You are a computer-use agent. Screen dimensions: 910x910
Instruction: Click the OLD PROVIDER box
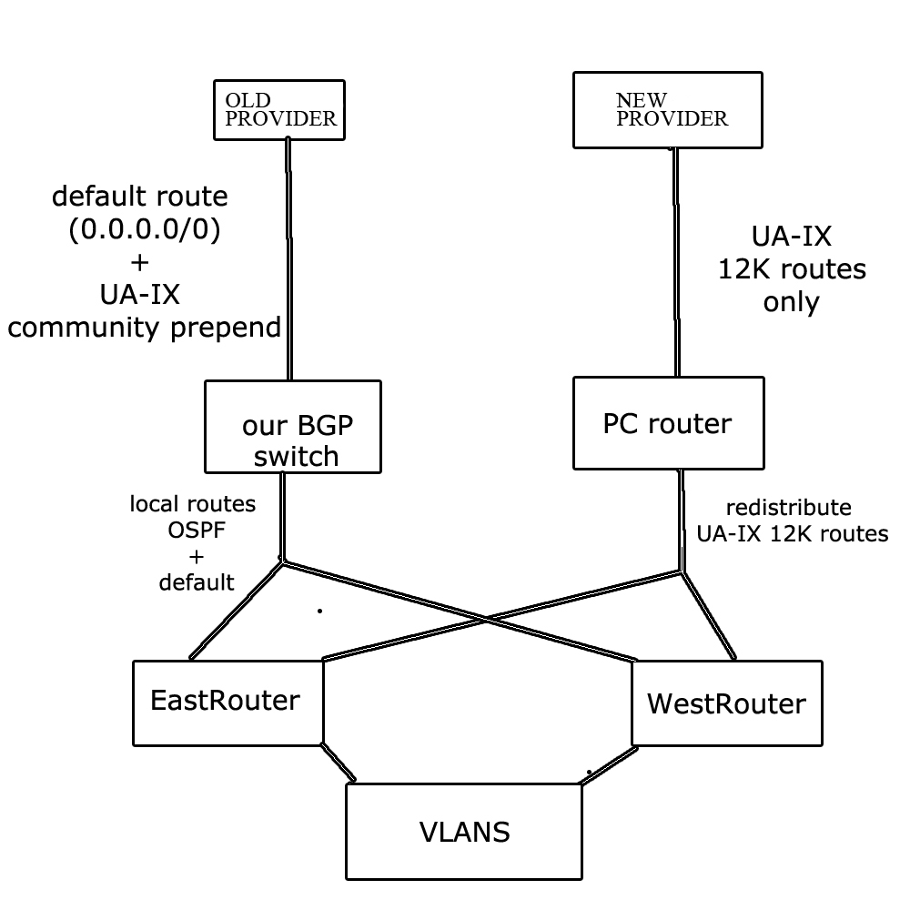pyautogui.click(x=280, y=109)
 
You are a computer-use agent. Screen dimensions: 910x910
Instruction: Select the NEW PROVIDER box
pyautogui.click(x=668, y=109)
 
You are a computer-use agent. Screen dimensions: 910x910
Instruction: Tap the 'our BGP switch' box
pyautogui.click(x=293, y=427)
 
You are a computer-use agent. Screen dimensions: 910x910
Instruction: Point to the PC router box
pyautogui.click(x=667, y=424)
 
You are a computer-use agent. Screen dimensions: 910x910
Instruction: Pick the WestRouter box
pyautogui.click(x=726, y=703)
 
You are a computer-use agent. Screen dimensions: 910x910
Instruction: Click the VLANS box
pyautogui.click(x=464, y=832)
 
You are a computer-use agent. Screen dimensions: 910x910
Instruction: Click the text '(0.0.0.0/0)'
pyautogui.click(x=145, y=231)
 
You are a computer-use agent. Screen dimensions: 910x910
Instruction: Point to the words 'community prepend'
pyautogui.click(x=144, y=327)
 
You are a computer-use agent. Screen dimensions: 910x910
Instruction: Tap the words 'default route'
pyautogui.click(x=140, y=196)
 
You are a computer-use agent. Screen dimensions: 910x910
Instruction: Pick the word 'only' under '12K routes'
pyautogui.click(x=791, y=302)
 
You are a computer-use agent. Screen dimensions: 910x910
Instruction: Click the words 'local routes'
pyautogui.click(x=192, y=503)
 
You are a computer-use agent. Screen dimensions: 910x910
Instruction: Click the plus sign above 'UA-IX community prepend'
pyautogui.click(x=139, y=264)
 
